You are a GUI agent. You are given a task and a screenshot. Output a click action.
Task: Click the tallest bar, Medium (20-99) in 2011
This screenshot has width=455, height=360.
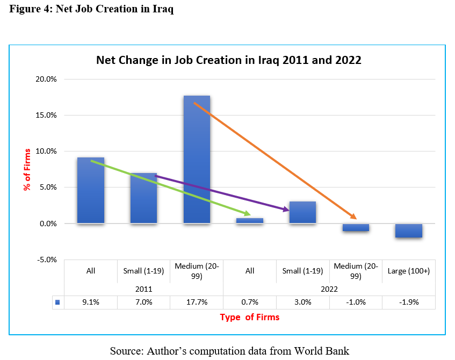click(x=197, y=159)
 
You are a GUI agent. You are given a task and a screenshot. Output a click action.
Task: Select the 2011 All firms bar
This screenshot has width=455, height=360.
click(x=90, y=190)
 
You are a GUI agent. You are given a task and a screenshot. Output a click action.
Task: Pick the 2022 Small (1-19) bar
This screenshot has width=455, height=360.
click(x=302, y=212)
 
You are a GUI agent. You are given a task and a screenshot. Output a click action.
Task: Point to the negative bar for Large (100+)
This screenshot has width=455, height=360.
click(x=409, y=231)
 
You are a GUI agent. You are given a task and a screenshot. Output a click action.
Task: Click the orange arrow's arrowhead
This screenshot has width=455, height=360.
click(x=354, y=217)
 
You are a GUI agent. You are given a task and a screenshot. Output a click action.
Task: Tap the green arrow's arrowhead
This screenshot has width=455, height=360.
click(x=248, y=214)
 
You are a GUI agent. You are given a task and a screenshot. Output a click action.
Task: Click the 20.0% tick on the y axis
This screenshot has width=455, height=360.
click(x=46, y=79)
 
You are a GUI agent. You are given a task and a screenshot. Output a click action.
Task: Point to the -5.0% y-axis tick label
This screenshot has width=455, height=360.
click(x=46, y=260)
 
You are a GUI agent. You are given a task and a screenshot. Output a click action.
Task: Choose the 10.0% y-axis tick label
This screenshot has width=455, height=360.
click(x=46, y=151)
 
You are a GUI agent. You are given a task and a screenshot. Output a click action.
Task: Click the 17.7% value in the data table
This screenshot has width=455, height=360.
click(x=197, y=302)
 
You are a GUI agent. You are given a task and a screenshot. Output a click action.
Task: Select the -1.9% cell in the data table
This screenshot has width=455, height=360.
click(x=409, y=302)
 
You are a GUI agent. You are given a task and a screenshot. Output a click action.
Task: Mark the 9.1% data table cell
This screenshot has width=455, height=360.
click(x=90, y=302)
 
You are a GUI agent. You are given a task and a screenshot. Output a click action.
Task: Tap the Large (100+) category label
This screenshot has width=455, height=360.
click(x=409, y=271)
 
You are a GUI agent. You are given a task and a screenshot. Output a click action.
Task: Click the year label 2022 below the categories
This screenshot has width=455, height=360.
click(x=329, y=289)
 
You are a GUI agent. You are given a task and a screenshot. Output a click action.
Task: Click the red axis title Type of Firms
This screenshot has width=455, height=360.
click(x=250, y=317)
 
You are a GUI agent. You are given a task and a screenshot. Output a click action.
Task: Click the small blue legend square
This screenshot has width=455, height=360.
click(x=57, y=302)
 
